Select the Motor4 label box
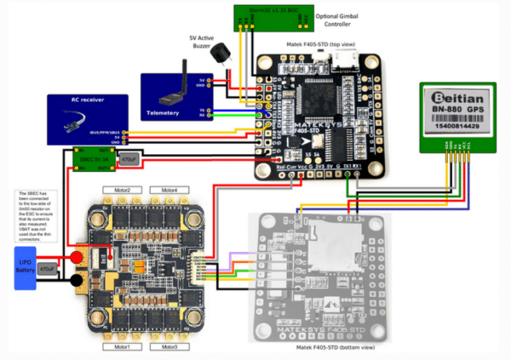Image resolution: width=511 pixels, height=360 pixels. click(169, 189)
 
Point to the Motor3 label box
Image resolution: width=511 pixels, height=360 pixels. click(169, 347)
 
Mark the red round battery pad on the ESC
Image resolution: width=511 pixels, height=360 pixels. click(77, 257)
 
